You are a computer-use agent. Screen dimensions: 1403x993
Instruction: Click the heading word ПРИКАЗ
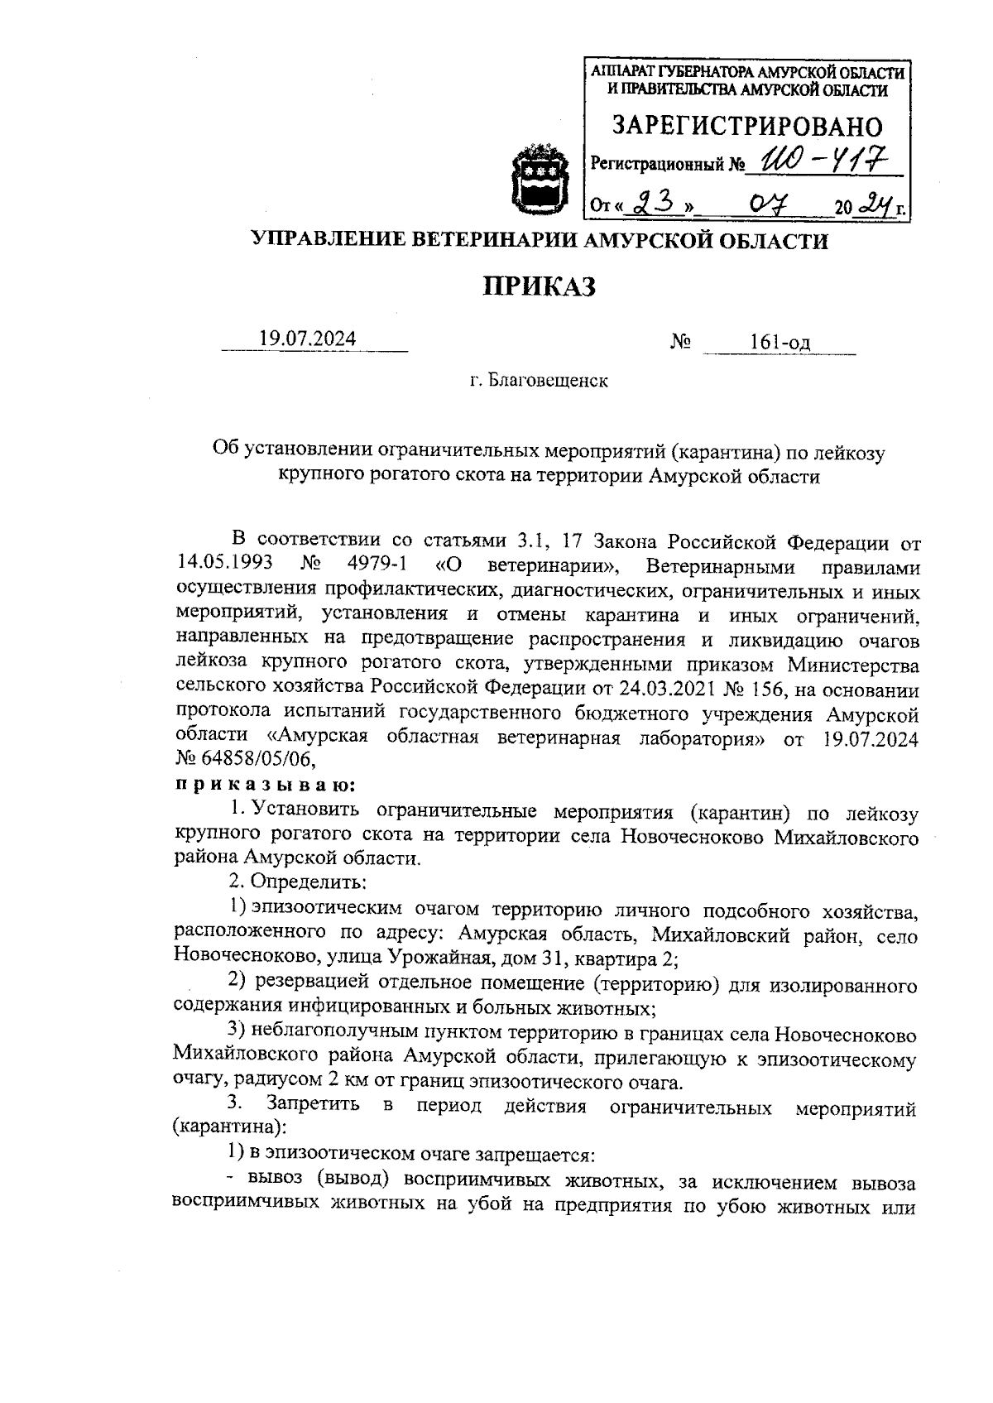pyautogui.click(x=540, y=287)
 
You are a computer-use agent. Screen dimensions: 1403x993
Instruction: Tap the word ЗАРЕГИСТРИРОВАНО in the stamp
pyautogui.click(x=747, y=126)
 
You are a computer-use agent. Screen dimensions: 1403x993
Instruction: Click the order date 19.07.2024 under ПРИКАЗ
pyautogui.click(x=308, y=339)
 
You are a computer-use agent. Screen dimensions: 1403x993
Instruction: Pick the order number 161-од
pyautogui.click(x=780, y=343)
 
